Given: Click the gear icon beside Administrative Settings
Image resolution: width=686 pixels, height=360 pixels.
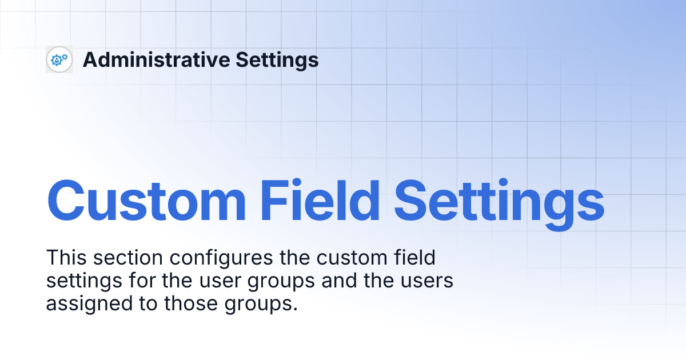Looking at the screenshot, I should tap(59, 59).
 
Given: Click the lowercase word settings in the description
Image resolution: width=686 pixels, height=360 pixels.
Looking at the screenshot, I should tap(81, 281).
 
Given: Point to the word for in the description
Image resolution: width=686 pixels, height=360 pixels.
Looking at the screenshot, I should tap(135, 281).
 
